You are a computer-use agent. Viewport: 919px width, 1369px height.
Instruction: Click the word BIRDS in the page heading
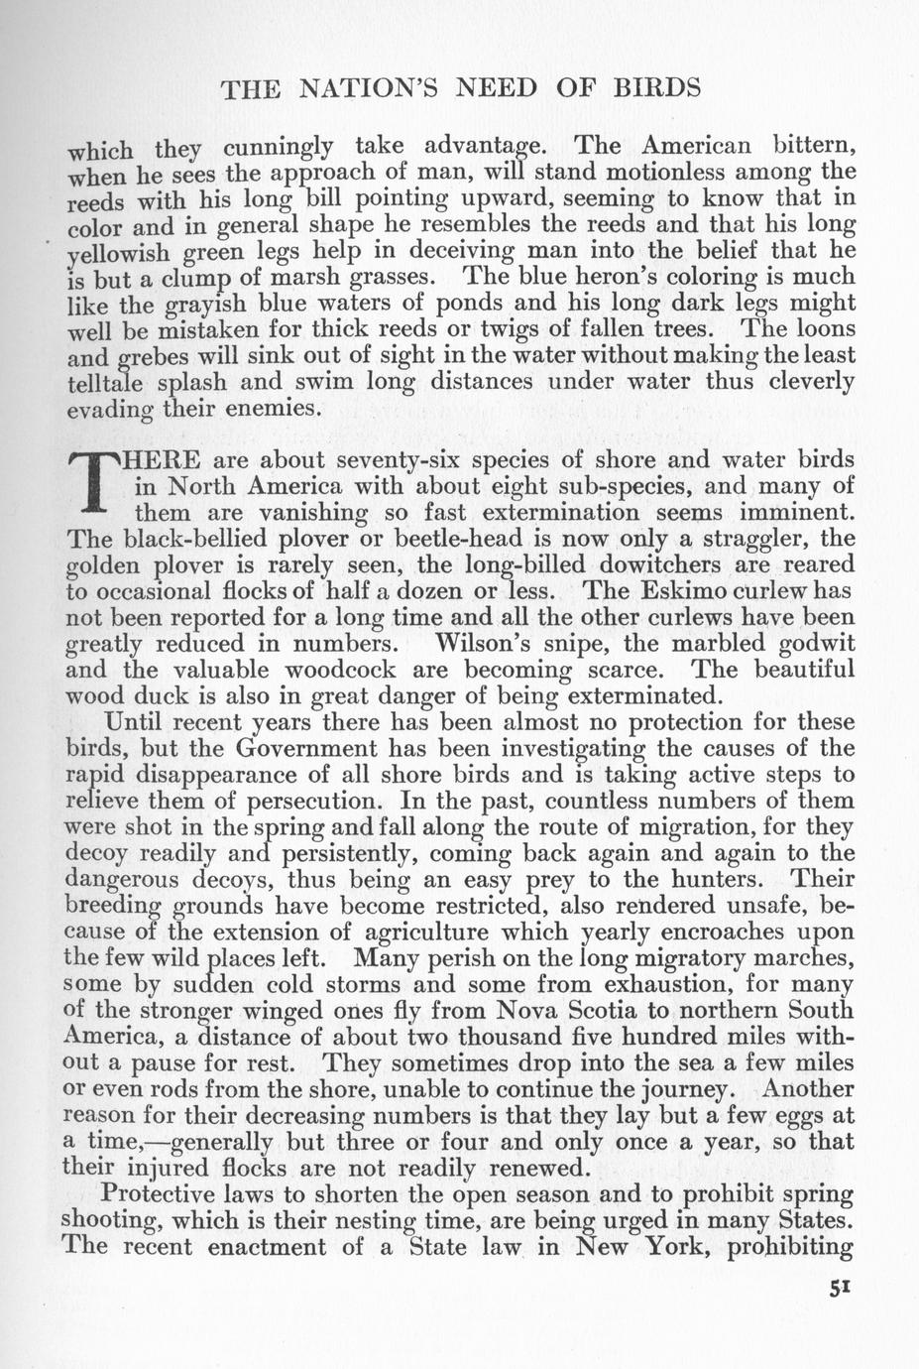tap(650, 88)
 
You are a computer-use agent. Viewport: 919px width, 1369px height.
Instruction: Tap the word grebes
tap(154, 355)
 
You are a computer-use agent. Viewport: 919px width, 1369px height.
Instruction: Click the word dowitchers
tap(606, 564)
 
